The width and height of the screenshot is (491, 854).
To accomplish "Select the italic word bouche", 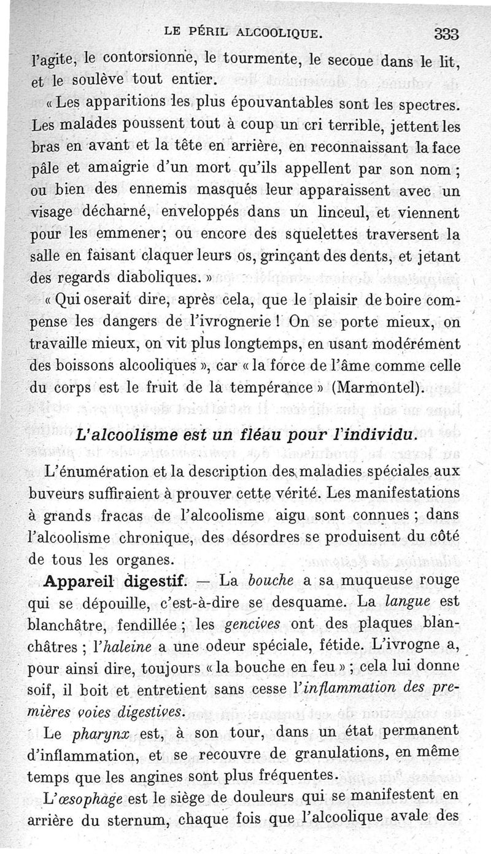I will click(275, 580).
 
